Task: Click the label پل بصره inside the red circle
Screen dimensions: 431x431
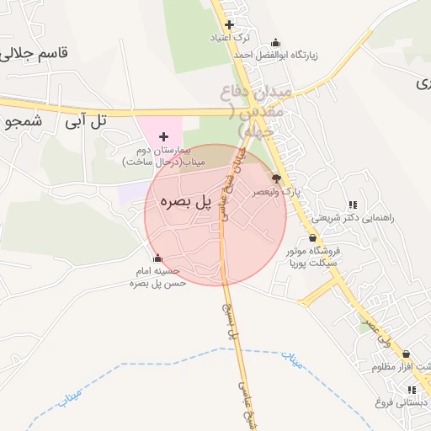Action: pos(183,203)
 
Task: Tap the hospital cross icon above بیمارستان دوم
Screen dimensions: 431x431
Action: pos(163,136)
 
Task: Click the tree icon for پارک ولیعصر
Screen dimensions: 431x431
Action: pos(276,178)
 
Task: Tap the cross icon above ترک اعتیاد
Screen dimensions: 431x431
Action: pos(229,25)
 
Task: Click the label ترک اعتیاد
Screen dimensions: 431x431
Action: pos(230,39)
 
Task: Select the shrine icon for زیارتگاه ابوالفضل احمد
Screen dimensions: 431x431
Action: pos(276,42)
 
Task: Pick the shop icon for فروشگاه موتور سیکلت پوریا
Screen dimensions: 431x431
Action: pos(313,237)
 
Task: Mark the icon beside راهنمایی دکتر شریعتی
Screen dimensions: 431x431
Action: pos(352,205)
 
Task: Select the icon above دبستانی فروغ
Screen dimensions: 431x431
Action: pos(412,390)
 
